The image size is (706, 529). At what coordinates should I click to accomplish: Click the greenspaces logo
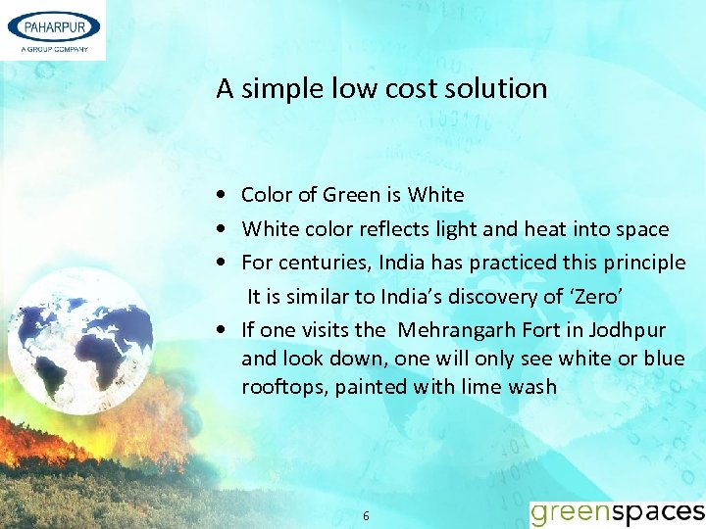[x=617, y=512]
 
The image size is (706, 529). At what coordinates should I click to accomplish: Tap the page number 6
[x=366, y=515]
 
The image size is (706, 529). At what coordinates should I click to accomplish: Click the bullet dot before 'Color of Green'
[x=226, y=196]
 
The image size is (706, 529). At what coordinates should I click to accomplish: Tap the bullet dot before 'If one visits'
[x=226, y=330]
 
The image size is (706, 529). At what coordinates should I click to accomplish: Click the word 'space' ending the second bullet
[x=641, y=230]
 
